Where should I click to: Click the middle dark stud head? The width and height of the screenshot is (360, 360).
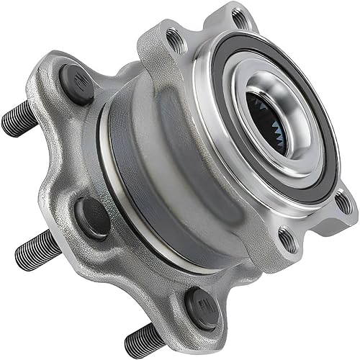click(x=93, y=216)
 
